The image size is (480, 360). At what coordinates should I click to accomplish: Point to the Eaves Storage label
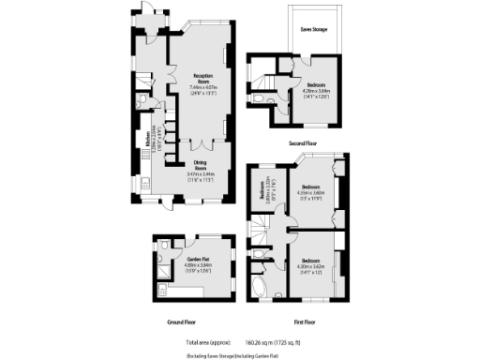coord(313,30)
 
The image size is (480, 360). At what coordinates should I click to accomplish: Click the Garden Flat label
coord(198,258)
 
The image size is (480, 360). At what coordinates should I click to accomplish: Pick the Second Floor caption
coord(303,143)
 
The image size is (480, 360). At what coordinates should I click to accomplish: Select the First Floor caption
coord(302,321)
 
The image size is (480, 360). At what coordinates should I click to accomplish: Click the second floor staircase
coord(277,87)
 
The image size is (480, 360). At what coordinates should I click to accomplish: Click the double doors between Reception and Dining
coord(202,144)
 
